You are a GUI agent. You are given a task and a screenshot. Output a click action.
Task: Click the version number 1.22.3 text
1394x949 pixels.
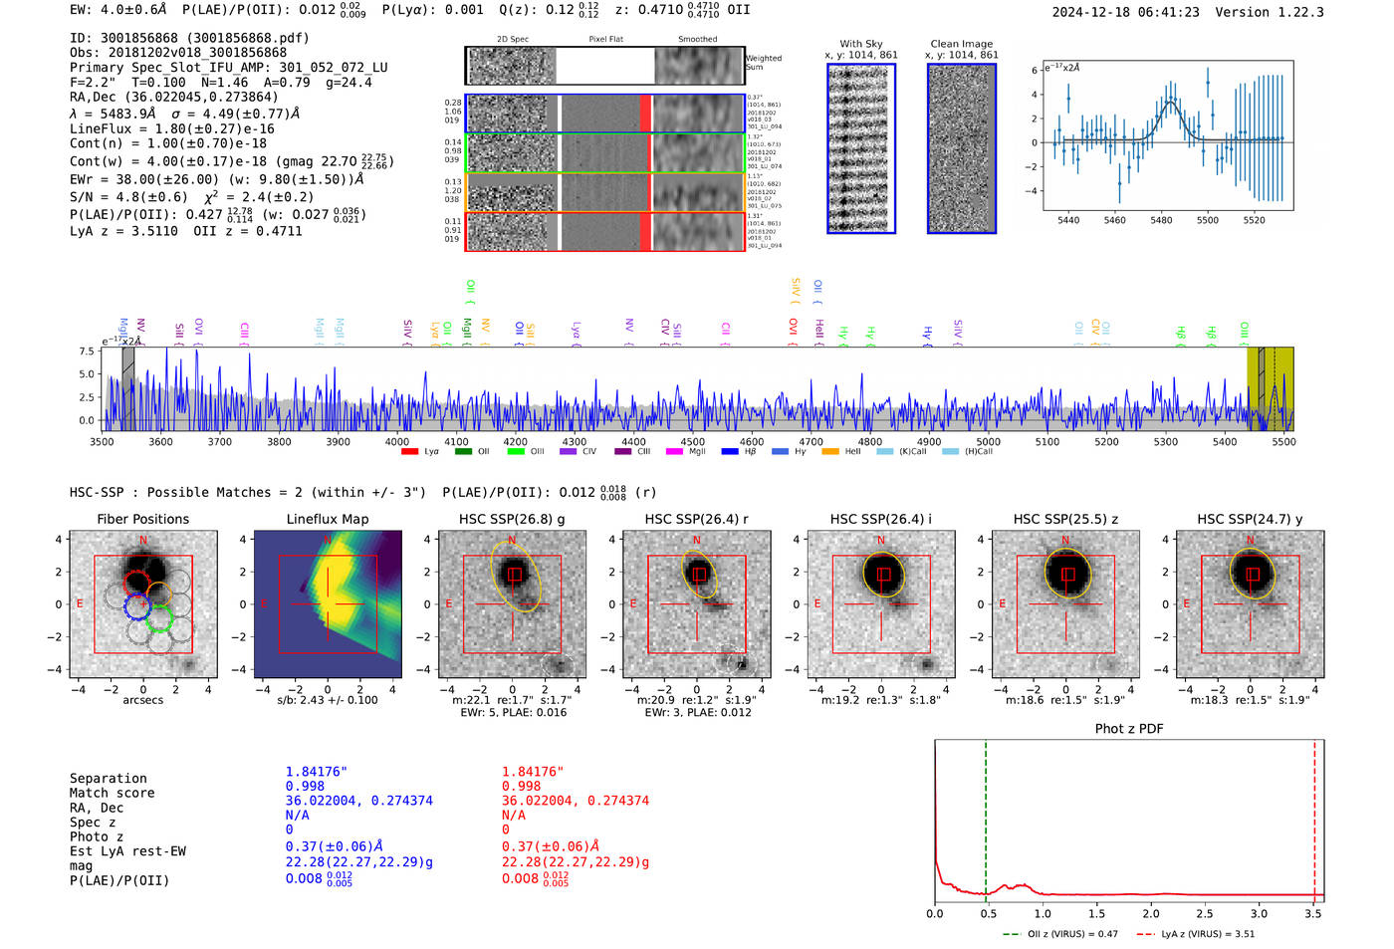[1299, 12]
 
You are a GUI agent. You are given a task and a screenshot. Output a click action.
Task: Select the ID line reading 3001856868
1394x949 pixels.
[189, 38]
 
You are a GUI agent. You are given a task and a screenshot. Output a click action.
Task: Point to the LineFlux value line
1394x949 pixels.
[171, 128]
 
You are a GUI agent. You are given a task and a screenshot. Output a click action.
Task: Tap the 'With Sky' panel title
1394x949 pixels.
[860, 44]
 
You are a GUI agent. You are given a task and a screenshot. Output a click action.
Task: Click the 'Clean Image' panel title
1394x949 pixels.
[961, 44]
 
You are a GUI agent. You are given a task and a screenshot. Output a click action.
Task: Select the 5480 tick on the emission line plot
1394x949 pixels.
[1161, 220]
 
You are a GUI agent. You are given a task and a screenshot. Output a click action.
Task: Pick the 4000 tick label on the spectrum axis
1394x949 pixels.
[396, 441]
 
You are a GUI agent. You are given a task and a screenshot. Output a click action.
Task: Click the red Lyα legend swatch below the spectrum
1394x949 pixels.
[409, 452]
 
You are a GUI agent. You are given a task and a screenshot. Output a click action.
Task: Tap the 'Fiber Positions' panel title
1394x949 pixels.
[142, 519]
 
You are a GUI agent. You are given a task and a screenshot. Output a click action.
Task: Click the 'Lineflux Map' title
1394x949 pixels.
[327, 519]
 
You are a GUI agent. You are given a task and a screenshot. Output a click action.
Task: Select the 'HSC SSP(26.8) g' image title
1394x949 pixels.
[512, 519]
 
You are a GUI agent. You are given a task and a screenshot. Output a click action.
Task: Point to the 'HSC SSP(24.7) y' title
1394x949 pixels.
[1250, 519]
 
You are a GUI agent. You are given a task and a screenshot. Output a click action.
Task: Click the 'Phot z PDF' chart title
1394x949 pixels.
[1129, 729]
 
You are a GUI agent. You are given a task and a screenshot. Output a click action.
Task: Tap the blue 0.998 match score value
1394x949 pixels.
[305, 787]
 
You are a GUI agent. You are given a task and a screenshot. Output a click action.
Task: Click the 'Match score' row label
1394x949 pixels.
[112, 794]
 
